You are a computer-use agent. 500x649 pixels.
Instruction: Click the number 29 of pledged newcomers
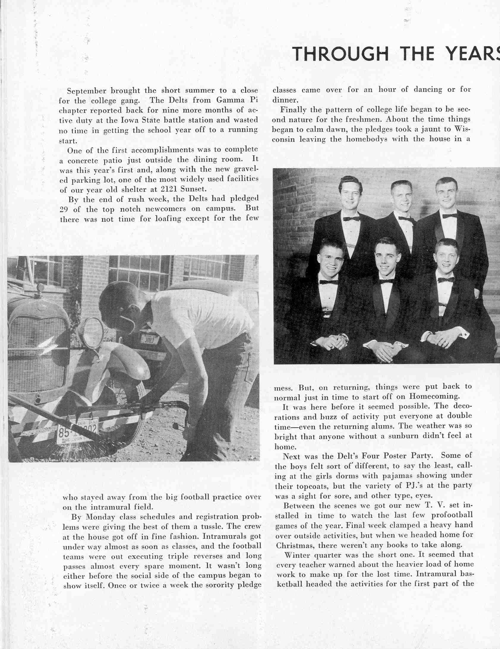coord(64,210)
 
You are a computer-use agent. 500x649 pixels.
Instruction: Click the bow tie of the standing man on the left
coord(351,219)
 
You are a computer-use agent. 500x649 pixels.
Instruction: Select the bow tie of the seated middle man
coord(386,281)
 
